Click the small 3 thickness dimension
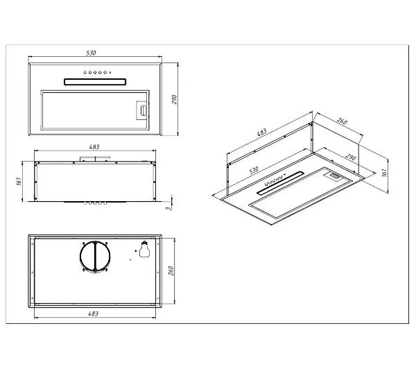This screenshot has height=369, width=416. click(x=168, y=206)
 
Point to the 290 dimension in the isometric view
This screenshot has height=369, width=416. click(x=352, y=157)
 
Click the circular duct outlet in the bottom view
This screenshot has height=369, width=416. click(x=95, y=257)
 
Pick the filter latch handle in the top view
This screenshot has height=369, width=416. click(x=141, y=109)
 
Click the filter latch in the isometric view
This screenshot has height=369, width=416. click(x=334, y=178)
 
